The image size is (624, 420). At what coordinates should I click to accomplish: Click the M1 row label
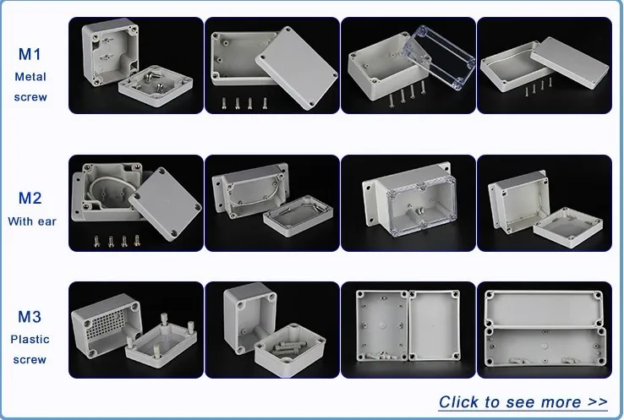click(x=30, y=54)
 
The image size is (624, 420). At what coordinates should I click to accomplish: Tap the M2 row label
click(x=30, y=198)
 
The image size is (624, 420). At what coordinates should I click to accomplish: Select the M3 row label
click(x=30, y=317)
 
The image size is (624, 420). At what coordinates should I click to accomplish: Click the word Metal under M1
click(x=30, y=77)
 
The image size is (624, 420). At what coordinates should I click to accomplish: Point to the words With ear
click(x=32, y=221)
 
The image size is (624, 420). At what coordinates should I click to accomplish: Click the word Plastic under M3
click(x=30, y=339)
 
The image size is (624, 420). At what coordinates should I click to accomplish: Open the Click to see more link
click(x=523, y=402)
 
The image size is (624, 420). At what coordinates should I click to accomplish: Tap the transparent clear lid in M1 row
click(x=439, y=57)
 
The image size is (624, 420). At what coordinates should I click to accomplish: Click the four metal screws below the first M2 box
click(x=117, y=241)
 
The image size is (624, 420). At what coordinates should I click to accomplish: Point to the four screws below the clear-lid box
click(x=407, y=95)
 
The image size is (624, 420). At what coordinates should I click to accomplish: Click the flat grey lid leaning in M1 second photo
click(x=297, y=68)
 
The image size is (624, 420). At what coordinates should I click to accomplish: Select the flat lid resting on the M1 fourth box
click(x=570, y=62)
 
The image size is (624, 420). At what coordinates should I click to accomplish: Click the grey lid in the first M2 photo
click(x=165, y=203)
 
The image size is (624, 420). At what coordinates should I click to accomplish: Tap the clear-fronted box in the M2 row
click(x=410, y=199)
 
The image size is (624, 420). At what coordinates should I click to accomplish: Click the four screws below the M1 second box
click(x=244, y=103)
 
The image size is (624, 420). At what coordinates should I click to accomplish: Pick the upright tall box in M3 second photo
click(x=249, y=319)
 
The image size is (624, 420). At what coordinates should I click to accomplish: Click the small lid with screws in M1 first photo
click(x=156, y=86)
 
